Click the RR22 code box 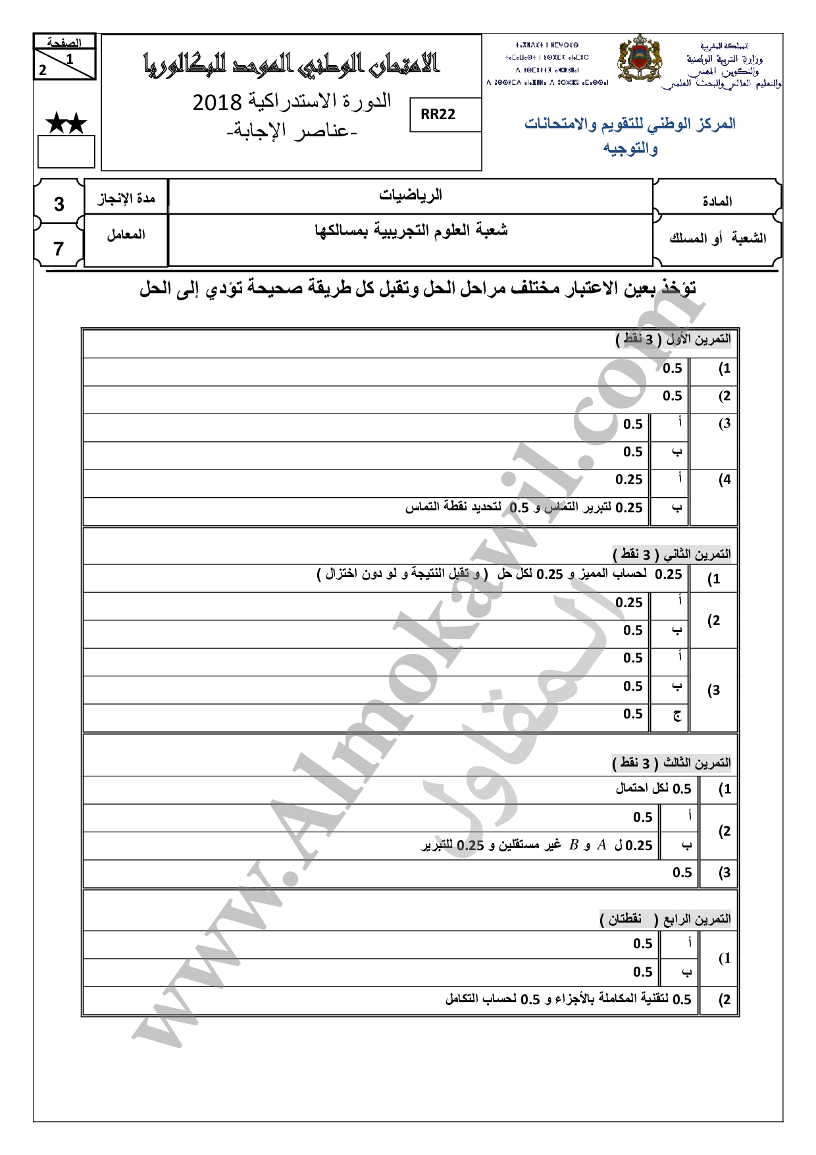point(438,115)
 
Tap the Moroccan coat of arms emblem point(639,59)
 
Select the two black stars point(66,123)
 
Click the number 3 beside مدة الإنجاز point(59,204)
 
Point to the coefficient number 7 point(59,249)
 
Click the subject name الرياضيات point(410,195)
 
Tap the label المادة point(717,201)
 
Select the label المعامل point(126,234)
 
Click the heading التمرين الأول point(698,339)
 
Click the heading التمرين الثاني point(697,554)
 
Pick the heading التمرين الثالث point(697,763)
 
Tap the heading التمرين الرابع point(697,919)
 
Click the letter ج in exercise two point(676,715)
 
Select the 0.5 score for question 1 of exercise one point(672,369)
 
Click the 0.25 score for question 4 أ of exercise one point(628,480)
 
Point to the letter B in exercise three point(573,845)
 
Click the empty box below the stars point(66,151)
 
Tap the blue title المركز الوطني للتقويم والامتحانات point(630,124)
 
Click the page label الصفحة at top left point(64,43)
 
